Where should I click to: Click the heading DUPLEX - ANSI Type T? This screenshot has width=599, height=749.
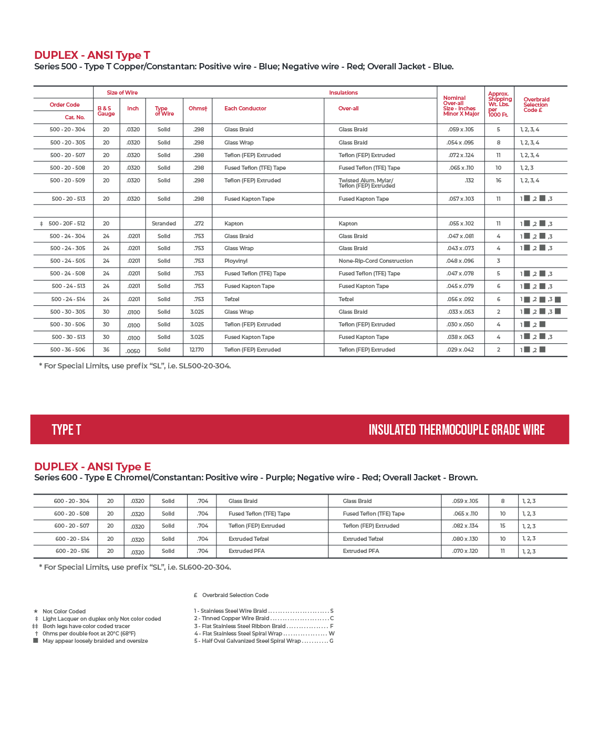coord(92,55)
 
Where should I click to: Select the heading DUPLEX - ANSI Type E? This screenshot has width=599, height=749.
coord(92,467)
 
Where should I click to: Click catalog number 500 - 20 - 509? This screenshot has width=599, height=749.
coord(67,180)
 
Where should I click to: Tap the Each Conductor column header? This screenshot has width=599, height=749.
coord(245,108)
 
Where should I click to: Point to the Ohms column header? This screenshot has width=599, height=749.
coord(198,108)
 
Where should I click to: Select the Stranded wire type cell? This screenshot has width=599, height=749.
coord(163,223)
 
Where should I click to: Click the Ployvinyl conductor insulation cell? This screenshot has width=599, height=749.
coord(235,261)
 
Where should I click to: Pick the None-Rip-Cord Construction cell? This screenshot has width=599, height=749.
coord(375,261)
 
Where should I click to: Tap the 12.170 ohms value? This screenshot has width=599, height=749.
coord(197,350)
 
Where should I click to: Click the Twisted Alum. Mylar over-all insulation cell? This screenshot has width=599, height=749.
coord(366,183)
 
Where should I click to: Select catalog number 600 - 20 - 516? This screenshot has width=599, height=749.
coord(73,551)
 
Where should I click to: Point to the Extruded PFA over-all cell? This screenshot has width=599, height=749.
coord(360,551)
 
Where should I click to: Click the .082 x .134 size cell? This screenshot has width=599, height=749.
coord(465,526)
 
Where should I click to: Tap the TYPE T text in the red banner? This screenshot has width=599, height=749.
coord(66,429)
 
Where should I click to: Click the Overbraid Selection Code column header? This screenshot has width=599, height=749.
coord(536,105)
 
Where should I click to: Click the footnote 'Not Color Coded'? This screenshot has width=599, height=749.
coord(64,611)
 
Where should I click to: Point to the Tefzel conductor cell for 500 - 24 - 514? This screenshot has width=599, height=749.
coord(232,299)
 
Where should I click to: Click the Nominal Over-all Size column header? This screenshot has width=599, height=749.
coord(460,106)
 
